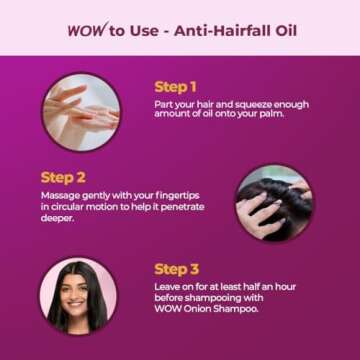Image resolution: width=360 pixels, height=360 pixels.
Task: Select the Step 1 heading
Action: click(176, 87)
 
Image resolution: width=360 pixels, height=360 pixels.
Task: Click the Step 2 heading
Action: click(63, 178)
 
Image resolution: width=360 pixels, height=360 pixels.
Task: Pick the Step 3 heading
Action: click(176, 268)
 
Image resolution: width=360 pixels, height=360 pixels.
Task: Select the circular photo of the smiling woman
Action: click(79, 296)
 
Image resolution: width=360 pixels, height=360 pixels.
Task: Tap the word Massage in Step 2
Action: click(58, 195)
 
